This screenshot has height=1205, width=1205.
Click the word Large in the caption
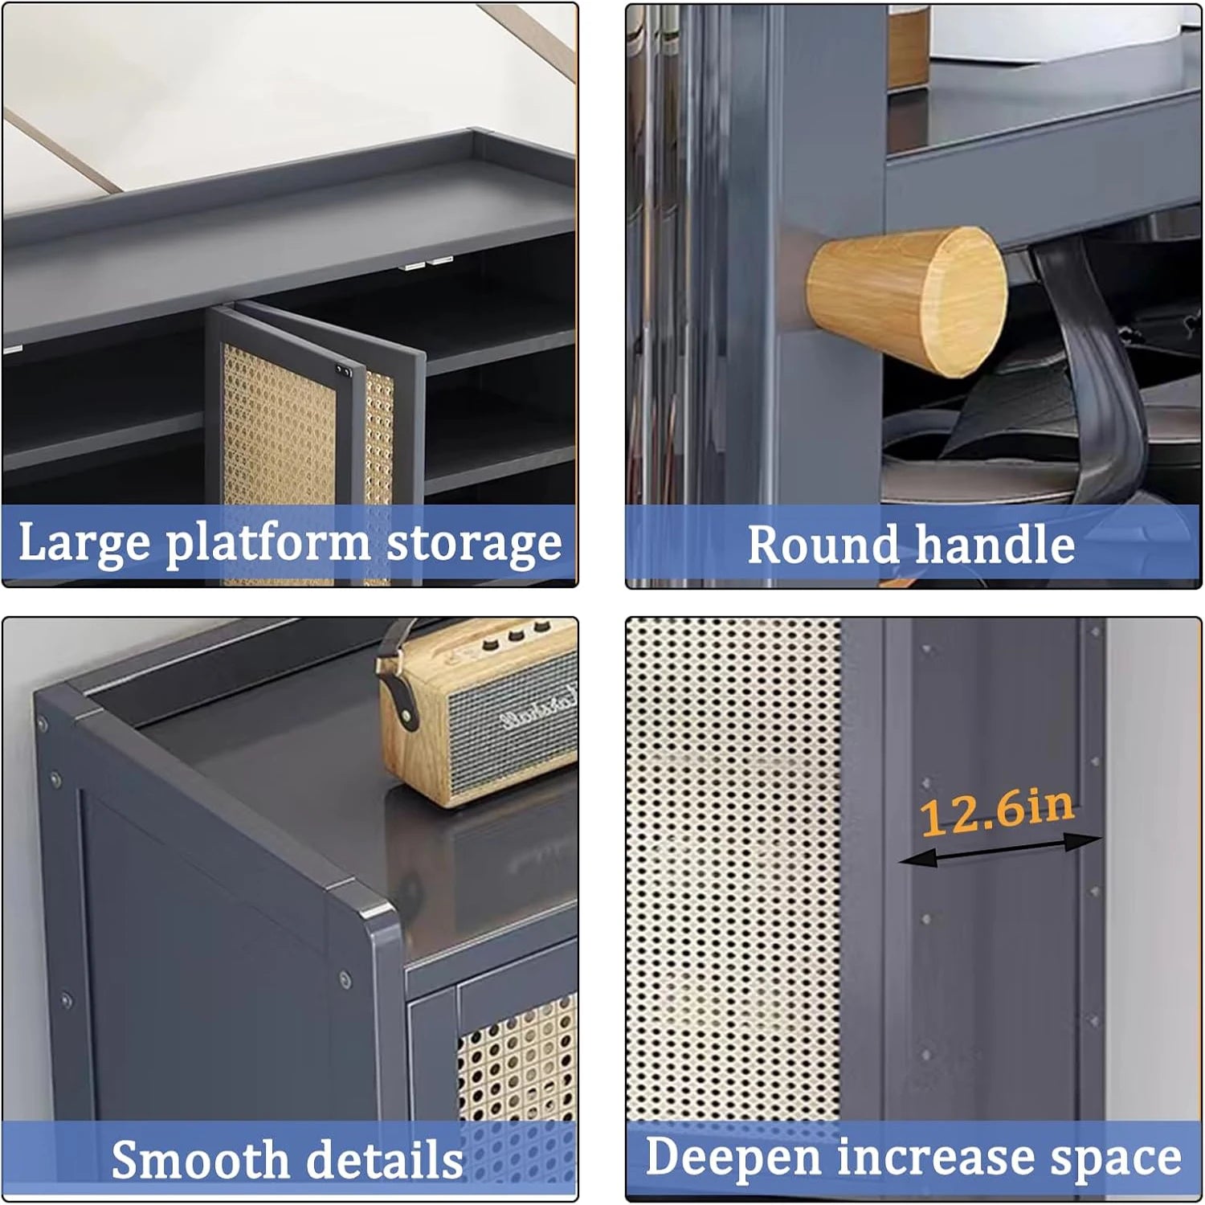point(84,543)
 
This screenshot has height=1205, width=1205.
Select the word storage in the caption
point(474,543)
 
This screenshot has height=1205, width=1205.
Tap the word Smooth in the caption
point(199,1159)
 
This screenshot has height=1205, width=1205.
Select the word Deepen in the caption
point(733,1158)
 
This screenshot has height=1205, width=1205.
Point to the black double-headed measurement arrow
point(999,850)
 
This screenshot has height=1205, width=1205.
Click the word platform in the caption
point(268,543)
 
